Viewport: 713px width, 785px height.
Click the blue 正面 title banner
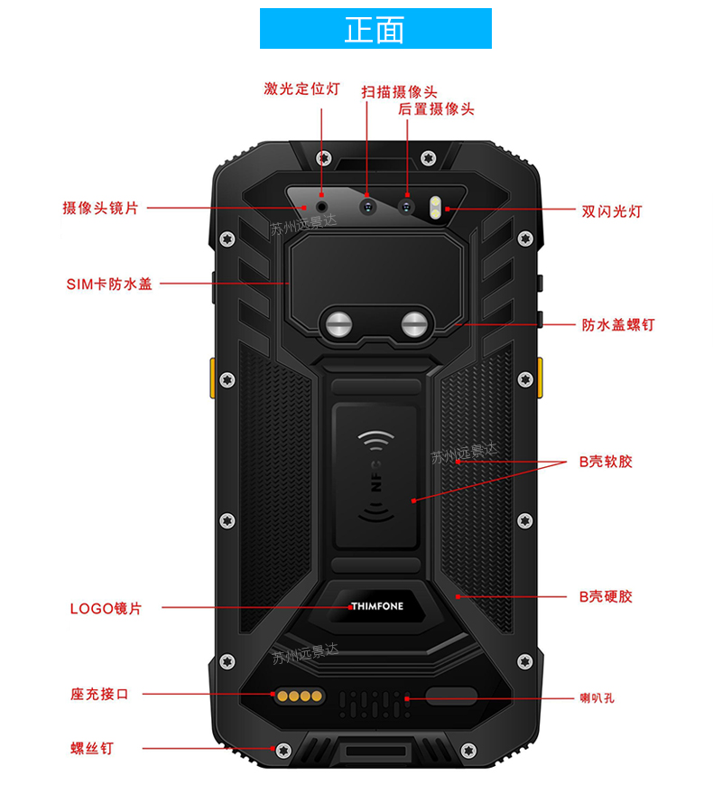pos(375,29)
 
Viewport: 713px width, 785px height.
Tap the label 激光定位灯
pos(301,89)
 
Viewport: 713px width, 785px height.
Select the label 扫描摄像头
pos(399,92)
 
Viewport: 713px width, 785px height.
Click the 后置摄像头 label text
pos(436,109)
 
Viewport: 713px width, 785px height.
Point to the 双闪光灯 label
pos(612,212)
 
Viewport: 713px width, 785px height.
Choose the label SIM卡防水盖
pos(109,284)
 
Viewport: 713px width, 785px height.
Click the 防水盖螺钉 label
pos(618,324)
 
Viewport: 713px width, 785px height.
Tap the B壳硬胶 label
pos(606,596)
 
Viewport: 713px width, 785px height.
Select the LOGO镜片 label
pos(106,608)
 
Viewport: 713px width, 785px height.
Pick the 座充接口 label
pos(100,695)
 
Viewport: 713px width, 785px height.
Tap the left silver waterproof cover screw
pos(339,323)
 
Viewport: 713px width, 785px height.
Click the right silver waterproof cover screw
pos(414,323)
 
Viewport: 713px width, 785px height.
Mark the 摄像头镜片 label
pos(100,209)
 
